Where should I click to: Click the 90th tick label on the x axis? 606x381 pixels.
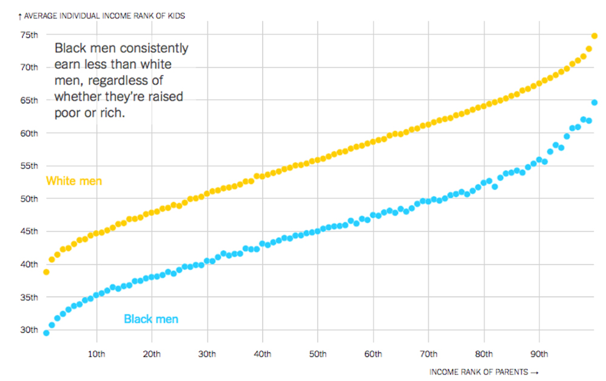(539, 354)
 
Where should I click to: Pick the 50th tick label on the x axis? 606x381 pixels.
(318, 354)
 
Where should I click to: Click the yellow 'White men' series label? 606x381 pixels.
(74, 181)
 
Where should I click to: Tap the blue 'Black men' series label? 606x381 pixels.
(151, 319)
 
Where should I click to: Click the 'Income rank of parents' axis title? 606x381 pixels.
(483, 372)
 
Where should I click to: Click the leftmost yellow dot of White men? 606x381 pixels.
(46, 272)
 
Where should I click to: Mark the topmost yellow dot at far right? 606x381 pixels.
(594, 36)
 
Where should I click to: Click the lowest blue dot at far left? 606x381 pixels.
(46, 333)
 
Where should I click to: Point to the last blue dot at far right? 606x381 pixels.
(594, 102)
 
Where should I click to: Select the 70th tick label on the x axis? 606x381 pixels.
(428, 354)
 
